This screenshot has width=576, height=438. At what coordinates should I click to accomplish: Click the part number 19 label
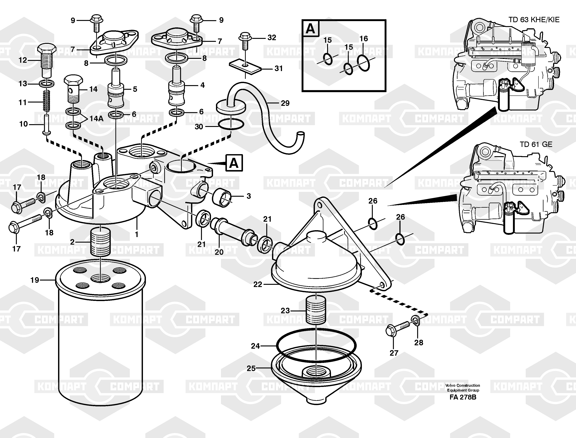click(x=35, y=280)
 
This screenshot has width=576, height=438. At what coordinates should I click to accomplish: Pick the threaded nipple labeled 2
click(x=100, y=241)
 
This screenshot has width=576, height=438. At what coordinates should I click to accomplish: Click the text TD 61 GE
click(x=536, y=145)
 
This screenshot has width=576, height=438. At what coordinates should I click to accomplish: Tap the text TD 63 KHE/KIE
click(x=534, y=20)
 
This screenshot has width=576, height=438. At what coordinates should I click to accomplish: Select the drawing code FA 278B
click(x=463, y=397)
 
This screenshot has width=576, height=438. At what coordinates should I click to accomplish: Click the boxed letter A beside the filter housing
click(x=234, y=163)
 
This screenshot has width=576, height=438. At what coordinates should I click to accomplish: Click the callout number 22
click(x=257, y=284)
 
